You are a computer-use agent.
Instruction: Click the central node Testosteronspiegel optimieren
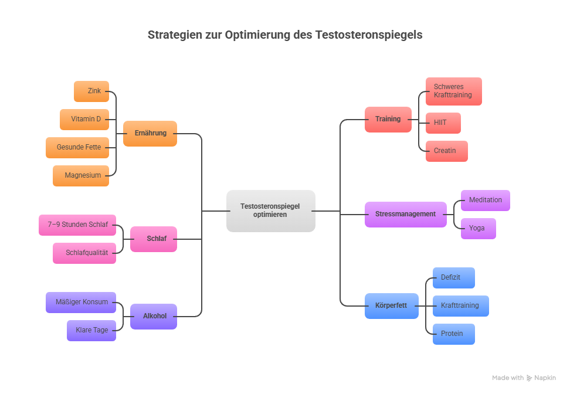point(270,210)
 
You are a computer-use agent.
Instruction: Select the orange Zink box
point(91,91)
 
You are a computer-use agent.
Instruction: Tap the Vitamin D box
point(84,119)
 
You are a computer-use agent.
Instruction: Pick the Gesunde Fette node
point(77,147)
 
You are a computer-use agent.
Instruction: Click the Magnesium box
point(81,175)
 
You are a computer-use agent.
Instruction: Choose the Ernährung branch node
point(150,133)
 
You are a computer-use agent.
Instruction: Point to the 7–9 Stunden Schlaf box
point(77,225)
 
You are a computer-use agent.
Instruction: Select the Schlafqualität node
point(84,253)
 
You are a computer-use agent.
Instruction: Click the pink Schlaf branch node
point(154,239)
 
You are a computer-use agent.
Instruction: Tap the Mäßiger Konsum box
point(81,302)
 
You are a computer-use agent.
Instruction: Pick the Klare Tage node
point(91,330)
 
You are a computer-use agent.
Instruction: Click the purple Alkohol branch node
point(154,316)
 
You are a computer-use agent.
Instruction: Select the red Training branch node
point(388,119)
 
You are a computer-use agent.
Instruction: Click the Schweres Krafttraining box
point(453,91)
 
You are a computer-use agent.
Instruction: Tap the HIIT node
point(443,123)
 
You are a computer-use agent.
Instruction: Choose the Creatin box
point(446,151)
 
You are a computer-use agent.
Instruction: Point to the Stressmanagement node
point(405,214)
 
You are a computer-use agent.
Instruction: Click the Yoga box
point(478,228)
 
